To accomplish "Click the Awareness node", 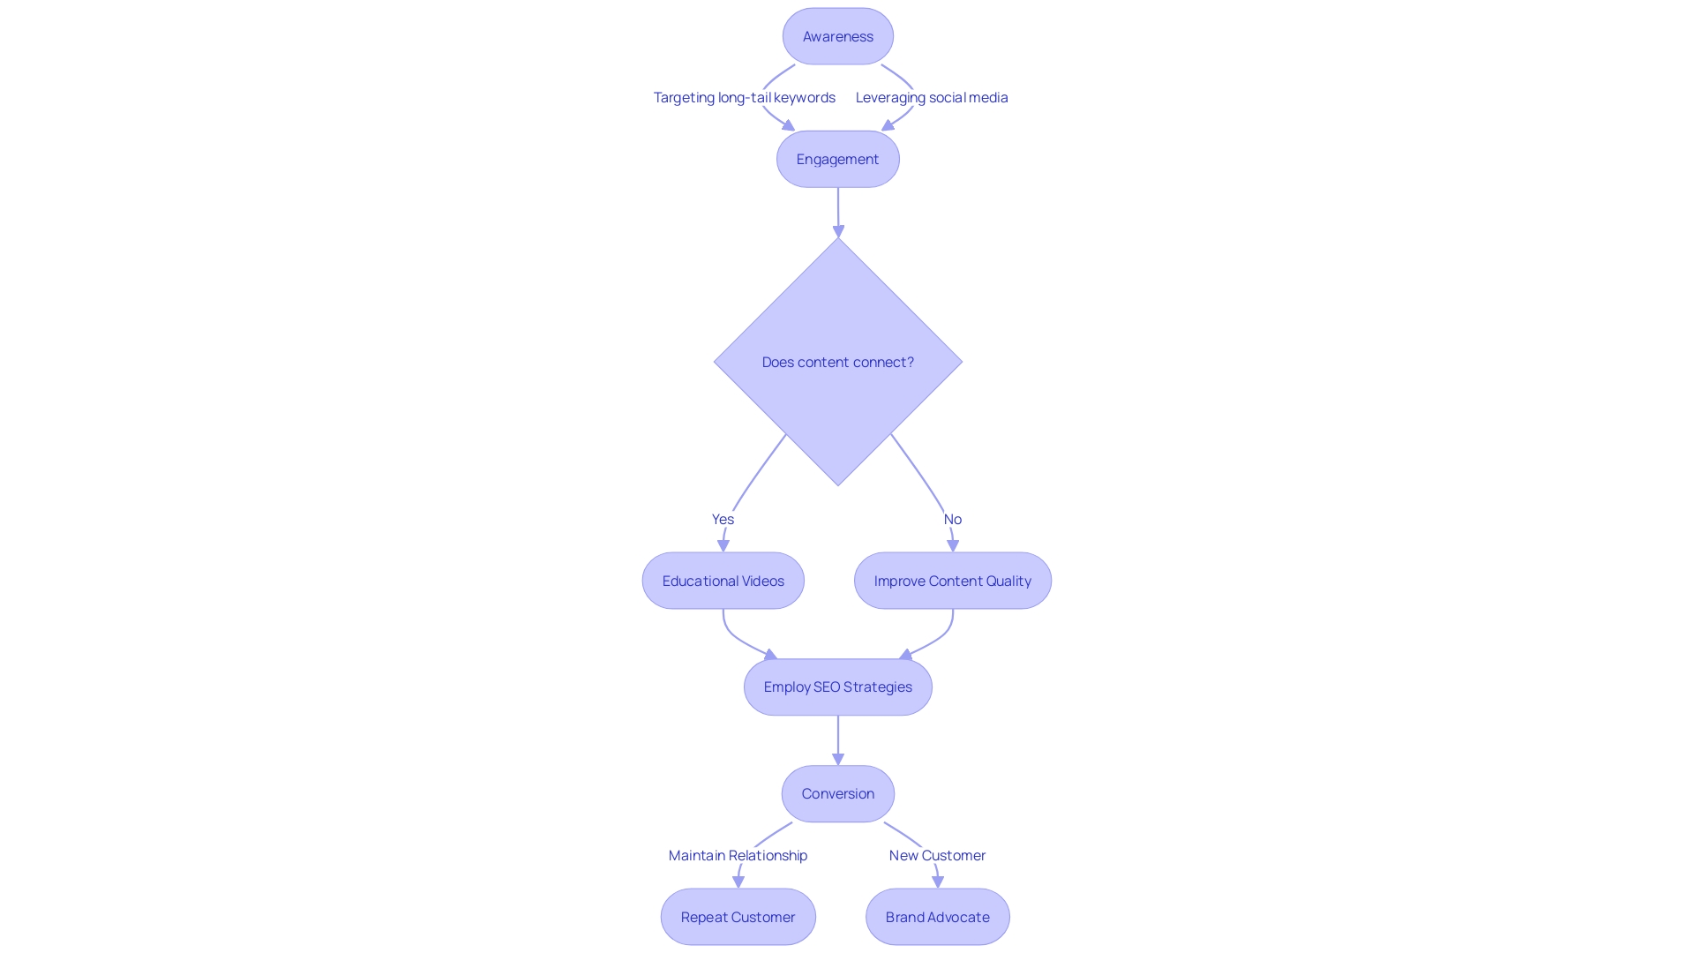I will (x=837, y=36).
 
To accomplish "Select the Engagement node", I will (x=837, y=159).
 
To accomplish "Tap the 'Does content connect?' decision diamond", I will (x=837, y=362).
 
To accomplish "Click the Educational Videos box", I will (x=723, y=581).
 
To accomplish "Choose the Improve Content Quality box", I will (x=952, y=581).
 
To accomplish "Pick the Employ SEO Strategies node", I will (x=837, y=687).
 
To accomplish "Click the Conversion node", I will (x=837, y=793).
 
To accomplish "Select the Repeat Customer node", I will (x=738, y=917).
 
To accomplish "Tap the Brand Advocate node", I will (x=937, y=917).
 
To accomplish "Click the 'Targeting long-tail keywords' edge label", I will (x=744, y=97).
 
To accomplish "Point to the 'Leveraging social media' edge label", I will (x=931, y=97).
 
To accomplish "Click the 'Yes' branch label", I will (x=723, y=519).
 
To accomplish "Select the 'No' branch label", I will (x=952, y=519).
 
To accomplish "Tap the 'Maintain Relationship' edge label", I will (x=738, y=855).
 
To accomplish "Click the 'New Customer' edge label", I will (x=937, y=855).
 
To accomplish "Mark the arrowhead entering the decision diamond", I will (x=838, y=231).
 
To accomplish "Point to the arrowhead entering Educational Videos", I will (x=723, y=546).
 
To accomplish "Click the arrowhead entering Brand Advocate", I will (x=938, y=882).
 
